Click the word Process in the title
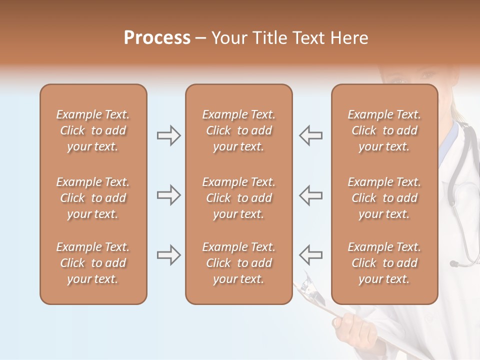[157, 38]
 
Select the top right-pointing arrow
[168, 135]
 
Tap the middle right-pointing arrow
[168, 195]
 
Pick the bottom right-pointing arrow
[168, 255]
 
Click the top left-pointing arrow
[310, 135]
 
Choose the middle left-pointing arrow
[310, 195]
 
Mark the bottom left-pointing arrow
[310, 255]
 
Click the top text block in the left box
[93, 130]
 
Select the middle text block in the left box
[93, 198]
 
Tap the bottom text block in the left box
[93, 263]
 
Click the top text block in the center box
[238, 130]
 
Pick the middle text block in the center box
[238, 198]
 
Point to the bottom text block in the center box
[238, 263]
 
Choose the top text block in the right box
[384, 130]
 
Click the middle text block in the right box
[384, 198]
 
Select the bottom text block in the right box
[384, 263]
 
